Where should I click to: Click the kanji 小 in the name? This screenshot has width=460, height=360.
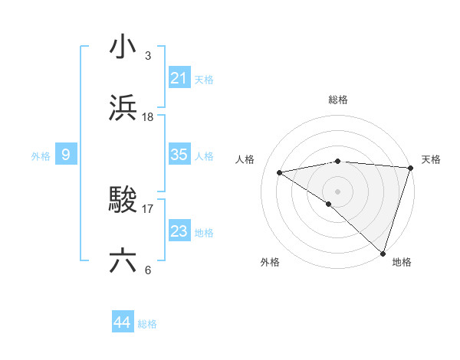pyautogui.click(x=123, y=47)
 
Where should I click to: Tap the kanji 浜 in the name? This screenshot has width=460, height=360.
pyautogui.click(x=123, y=108)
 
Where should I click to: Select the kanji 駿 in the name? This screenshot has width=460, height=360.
pyautogui.click(x=123, y=200)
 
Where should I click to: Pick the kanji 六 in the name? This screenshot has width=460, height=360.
pyautogui.click(x=123, y=261)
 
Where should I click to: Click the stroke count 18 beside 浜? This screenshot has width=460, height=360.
pyautogui.click(x=148, y=117)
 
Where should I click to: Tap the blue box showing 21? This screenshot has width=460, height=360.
pyautogui.click(x=179, y=78)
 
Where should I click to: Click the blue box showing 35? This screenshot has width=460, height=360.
pyautogui.click(x=179, y=155)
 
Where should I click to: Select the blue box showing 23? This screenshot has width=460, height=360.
pyautogui.click(x=179, y=231)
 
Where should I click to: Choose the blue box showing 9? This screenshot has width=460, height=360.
pyautogui.click(x=66, y=155)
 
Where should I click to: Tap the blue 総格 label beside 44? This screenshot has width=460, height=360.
pyautogui.click(x=147, y=324)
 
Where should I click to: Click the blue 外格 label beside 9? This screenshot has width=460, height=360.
pyautogui.click(x=41, y=156)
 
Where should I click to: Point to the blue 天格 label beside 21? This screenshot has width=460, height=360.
pyautogui.click(x=204, y=80)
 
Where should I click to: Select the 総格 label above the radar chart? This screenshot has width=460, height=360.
pyautogui.click(x=338, y=100)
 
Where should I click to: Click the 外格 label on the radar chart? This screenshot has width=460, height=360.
pyautogui.click(x=270, y=263)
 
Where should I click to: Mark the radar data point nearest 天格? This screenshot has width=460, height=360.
pyautogui.click(x=411, y=167)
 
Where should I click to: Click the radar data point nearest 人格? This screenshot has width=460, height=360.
pyautogui.click(x=280, y=172)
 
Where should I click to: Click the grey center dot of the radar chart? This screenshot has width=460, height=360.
pyautogui.click(x=337, y=191)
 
